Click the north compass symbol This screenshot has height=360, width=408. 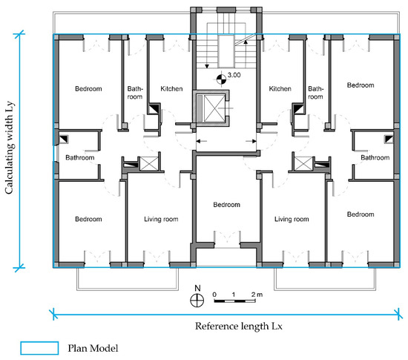click(x=197, y=300)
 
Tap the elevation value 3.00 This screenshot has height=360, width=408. click(x=234, y=75)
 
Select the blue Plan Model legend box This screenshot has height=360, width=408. click(x=39, y=348)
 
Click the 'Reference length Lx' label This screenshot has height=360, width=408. click(x=239, y=326)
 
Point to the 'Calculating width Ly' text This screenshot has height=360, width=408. click(x=9, y=147)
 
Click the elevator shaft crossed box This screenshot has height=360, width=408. click(x=214, y=108)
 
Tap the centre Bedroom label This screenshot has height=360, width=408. click(x=227, y=205)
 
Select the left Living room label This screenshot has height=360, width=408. click(x=161, y=219)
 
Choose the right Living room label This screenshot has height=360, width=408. click(x=292, y=219)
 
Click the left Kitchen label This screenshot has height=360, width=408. click(x=171, y=89)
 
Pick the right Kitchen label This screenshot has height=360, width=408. click(x=280, y=89)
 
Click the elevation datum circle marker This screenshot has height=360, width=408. click(x=221, y=79)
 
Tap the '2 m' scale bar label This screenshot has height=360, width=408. click(x=257, y=295)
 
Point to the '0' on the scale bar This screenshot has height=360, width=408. click(x=214, y=295)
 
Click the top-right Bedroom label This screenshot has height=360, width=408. click(x=361, y=85)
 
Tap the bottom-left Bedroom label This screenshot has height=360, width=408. click(x=88, y=219)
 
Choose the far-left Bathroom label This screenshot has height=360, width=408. click(x=80, y=157)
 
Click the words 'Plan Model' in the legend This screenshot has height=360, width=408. click(x=93, y=348)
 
